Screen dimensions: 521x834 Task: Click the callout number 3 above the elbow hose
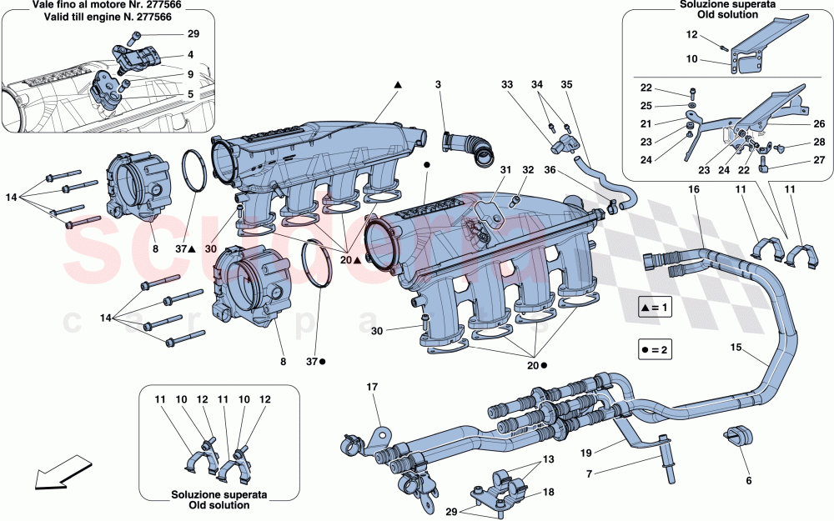coord(437,85)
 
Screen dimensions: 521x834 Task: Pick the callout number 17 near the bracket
coord(372,386)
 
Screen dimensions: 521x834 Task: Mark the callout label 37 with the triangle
coord(185,249)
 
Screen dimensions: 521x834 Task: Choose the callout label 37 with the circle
coord(314,363)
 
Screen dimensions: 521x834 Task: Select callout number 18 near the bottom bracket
coord(548,493)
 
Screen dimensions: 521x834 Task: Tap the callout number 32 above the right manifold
coord(527,170)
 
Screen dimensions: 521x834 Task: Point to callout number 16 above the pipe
coord(693,190)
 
